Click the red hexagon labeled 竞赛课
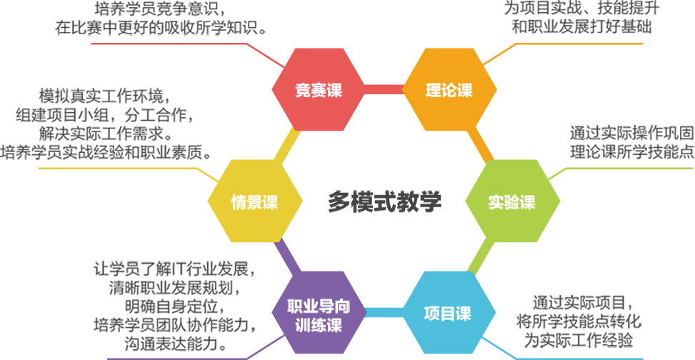pos(319,90)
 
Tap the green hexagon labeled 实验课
pos(511,202)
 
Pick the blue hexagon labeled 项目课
pos(448,313)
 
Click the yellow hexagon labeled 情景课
pos(254,202)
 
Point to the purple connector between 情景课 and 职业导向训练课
pos(285,258)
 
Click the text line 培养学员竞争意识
pos(159,9)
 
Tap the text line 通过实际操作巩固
pos(631,133)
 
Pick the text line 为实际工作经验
pos(579,339)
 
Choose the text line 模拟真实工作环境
pos(101,96)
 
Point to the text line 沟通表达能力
pos(174,344)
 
